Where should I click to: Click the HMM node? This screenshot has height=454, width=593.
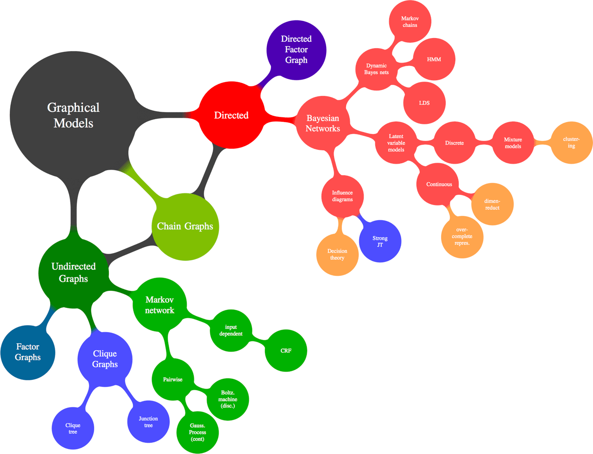point(434,59)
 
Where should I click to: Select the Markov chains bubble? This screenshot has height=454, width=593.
point(410,22)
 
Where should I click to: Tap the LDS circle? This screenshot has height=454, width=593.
point(424,103)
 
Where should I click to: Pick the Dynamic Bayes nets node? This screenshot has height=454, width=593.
point(377,69)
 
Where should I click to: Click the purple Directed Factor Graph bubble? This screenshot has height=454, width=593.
point(296,50)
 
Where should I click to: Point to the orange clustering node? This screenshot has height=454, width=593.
point(571,142)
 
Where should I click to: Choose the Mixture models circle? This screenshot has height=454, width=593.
point(513,143)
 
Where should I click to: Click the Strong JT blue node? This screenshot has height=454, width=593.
point(380,241)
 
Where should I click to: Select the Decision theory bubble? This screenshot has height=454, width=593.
point(337,255)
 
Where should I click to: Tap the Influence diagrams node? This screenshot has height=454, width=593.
point(342,196)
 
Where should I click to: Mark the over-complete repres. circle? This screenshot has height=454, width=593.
point(462,237)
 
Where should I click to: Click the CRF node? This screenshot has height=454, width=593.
point(286,351)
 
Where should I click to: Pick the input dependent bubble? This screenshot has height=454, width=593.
point(231,330)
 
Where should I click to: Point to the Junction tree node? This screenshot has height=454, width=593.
point(148,422)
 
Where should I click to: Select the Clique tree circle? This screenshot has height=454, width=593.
point(73,428)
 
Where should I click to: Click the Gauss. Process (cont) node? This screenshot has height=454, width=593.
point(197,432)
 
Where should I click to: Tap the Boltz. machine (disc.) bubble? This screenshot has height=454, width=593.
point(228,399)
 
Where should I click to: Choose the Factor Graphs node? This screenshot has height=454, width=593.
point(28,352)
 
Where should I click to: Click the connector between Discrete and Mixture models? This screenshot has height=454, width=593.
point(484,143)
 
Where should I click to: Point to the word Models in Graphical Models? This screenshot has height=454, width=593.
point(73,123)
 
